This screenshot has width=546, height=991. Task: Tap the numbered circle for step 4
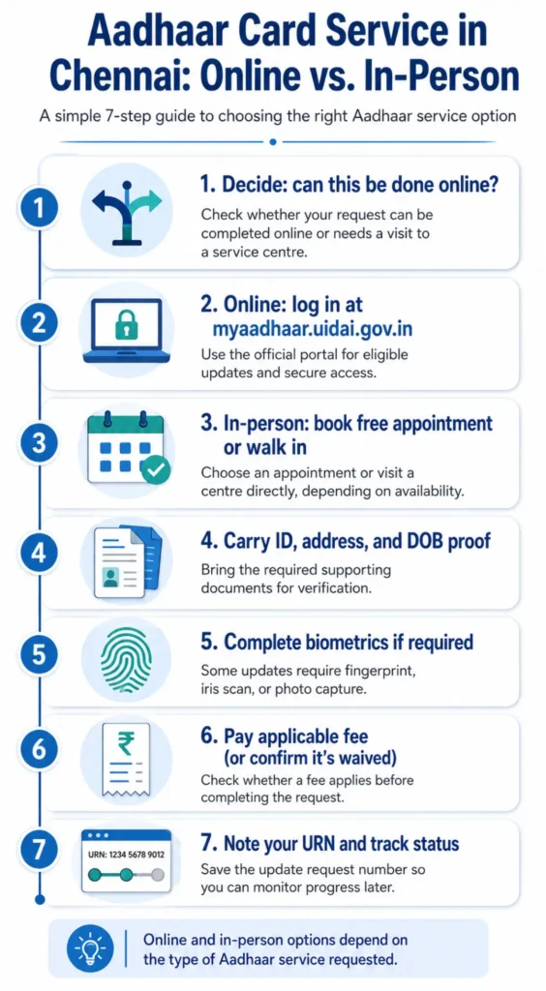pos(39,554)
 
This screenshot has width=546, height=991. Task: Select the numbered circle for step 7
pos(39,851)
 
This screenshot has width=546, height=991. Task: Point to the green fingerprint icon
pos(127,659)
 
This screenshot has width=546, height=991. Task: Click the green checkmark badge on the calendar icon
pos(155,470)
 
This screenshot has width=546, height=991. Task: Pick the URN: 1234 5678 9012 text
pos(127,855)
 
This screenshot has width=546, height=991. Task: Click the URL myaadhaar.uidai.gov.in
pos(313,330)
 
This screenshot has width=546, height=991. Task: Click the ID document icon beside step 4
pos(127,560)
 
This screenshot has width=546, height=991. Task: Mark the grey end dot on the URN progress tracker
pos(158,875)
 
